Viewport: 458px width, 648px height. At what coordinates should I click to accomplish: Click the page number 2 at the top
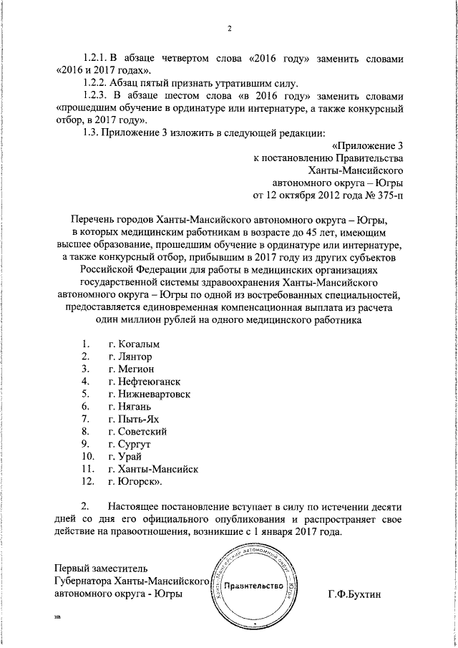point(229,29)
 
